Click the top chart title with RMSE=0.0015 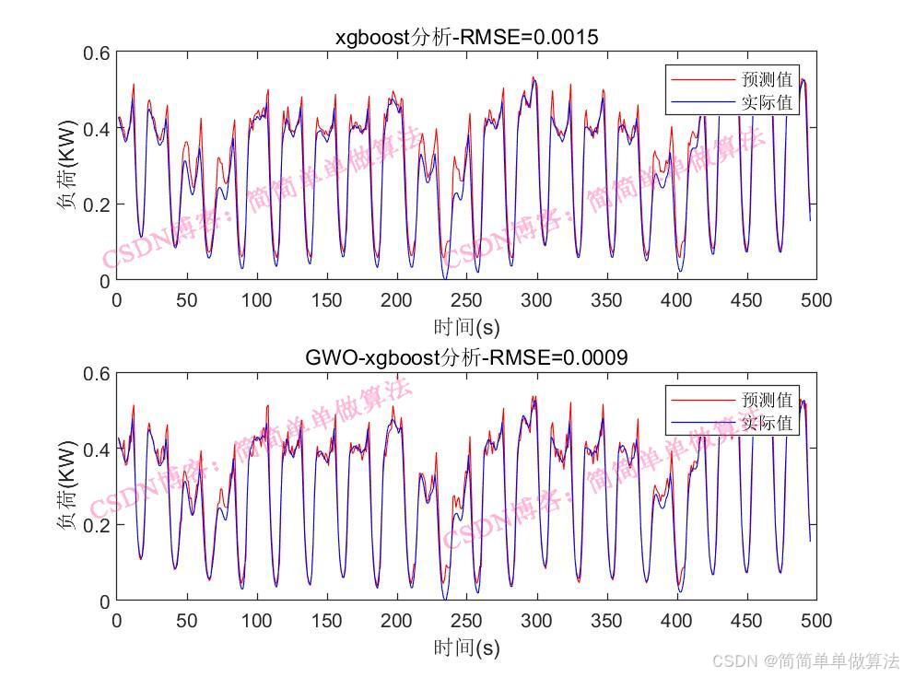tap(466, 38)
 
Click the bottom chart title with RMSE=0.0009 tap(466, 358)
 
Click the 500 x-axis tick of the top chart tap(816, 300)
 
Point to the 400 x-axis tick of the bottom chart tap(676, 621)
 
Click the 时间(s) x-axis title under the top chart tap(466, 327)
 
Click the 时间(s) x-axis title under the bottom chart tap(466, 648)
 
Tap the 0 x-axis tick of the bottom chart tap(117, 621)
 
